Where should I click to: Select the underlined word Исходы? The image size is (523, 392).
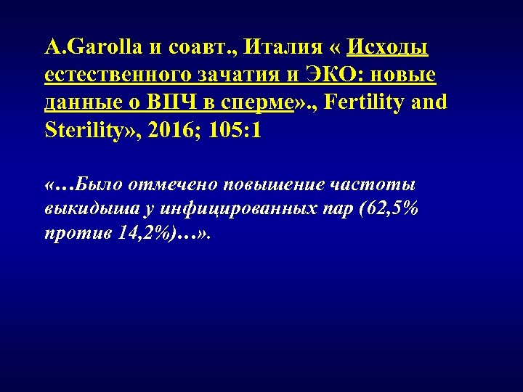tap(388, 48)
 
